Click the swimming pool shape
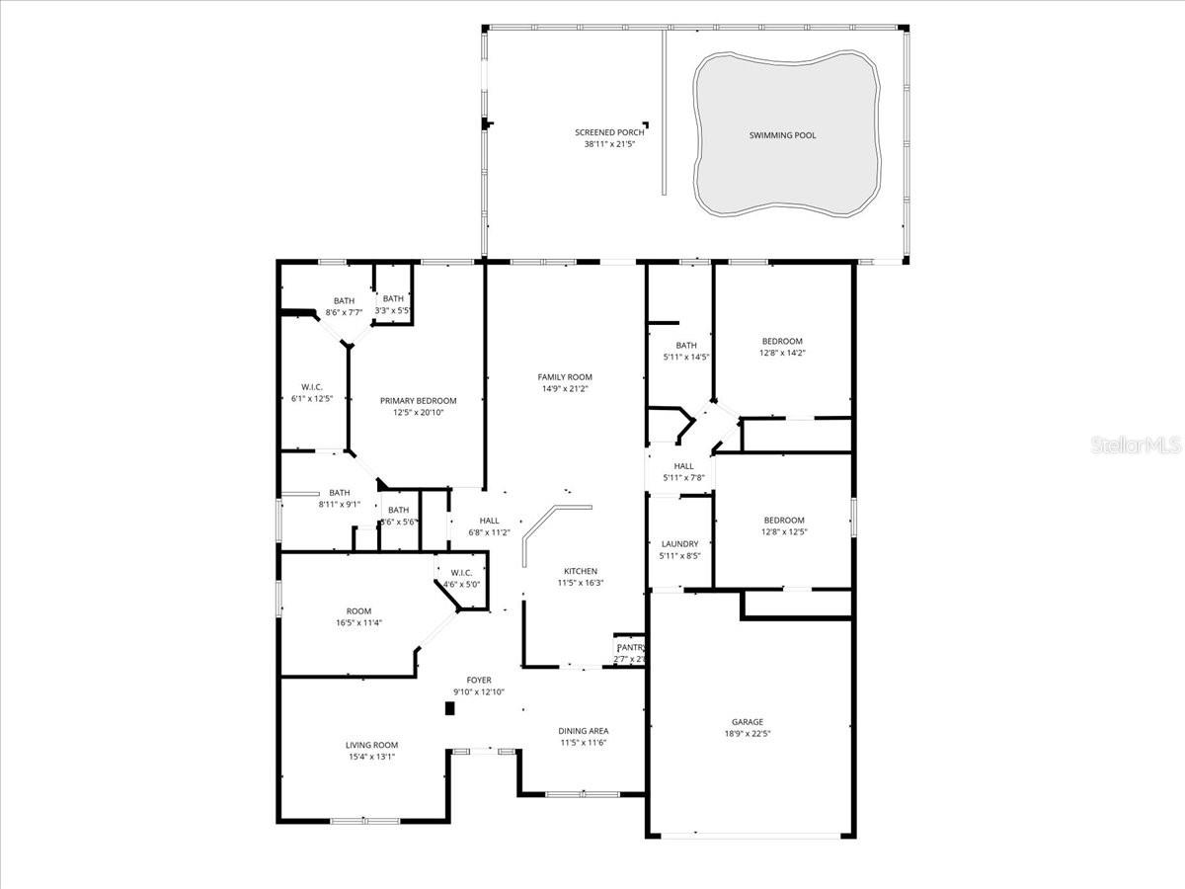(x=785, y=135)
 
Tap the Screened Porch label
(x=609, y=132)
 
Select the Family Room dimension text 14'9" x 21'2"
(x=566, y=388)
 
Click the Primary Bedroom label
(x=419, y=400)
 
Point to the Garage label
(x=748, y=722)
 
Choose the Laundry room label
(x=679, y=543)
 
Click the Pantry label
(x=630, y=648)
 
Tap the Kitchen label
(x=581, y=571)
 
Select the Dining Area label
(x=584, y=731)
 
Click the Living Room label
(x=371, y=745)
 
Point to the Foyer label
(x=479, y=681)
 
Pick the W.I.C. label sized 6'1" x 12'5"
(x=312, y=387)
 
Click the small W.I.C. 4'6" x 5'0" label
(x=461, y=573)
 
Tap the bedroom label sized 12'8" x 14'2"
(x=782, y=341)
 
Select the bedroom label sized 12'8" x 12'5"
(x=784, y=520)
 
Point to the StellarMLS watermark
(x=1136, y=445)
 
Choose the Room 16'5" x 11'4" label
(x=358, y=610)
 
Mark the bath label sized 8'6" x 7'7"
(x=344, y=300)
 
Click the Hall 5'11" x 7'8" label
(x=684, y=466)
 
